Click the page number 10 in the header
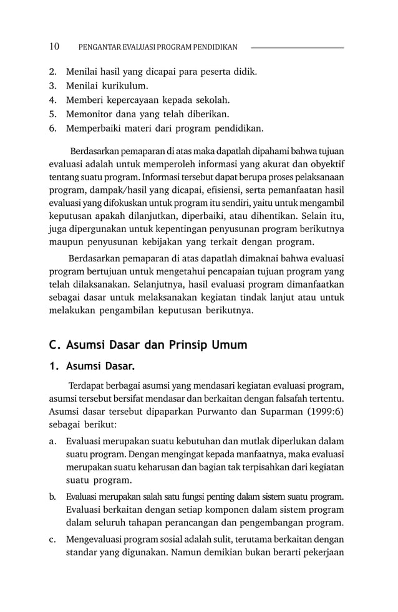click(x=54, y=47)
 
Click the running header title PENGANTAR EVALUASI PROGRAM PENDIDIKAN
click(x=158, y=47)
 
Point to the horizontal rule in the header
click(x=297, y=47)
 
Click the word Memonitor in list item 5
click(x=87, y=114)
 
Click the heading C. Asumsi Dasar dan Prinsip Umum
click(x=148, y=344)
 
